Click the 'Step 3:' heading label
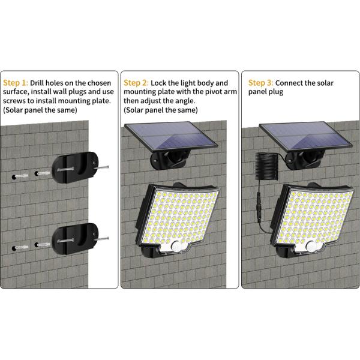(x=261, y=83)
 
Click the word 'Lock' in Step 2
(x=161, y=83)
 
